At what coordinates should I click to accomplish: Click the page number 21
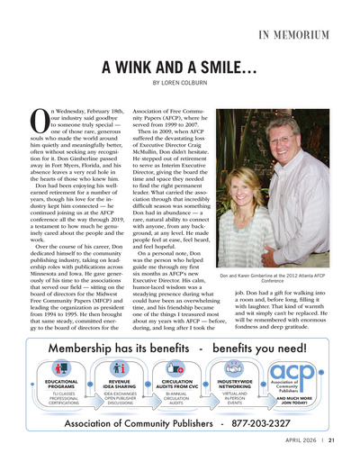pyautogui.click(x=332, y=440)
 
